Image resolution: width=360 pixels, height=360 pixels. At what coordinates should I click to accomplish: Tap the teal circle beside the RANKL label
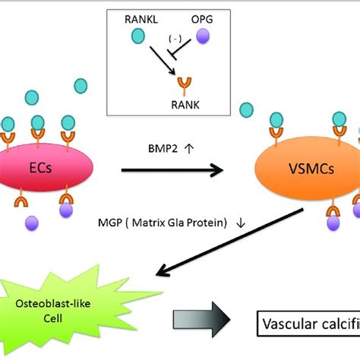(139, 35)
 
